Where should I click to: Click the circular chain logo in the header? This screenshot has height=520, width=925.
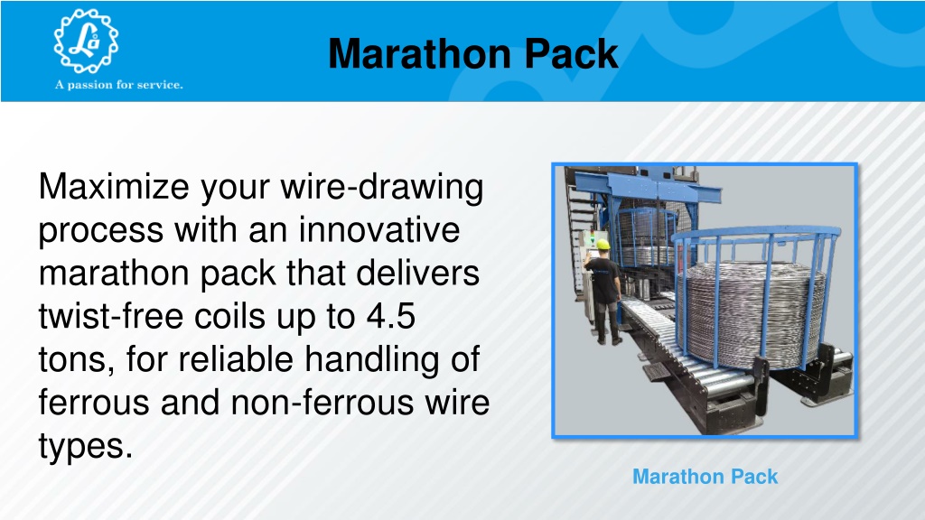pos(86,42)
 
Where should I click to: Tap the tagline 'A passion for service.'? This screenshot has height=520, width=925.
pos(119,85)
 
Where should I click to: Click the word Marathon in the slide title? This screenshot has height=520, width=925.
pos(420,53)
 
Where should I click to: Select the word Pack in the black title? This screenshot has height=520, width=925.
pos(571,53)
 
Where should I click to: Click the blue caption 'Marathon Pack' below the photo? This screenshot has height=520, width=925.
pos(705,477)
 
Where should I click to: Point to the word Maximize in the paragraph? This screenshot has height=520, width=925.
pos(114,187)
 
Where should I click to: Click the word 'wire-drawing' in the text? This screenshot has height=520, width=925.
pos(382,188)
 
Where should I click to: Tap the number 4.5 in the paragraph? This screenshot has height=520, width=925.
pos(391,317)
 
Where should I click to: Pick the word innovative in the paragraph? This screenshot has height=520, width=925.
pos(379,230)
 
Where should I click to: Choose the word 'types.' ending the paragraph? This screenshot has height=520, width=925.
pos(86,447)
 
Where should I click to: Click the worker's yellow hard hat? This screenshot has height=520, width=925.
pos(603,244)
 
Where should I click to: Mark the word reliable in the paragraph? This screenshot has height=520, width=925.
pos(236,359)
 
